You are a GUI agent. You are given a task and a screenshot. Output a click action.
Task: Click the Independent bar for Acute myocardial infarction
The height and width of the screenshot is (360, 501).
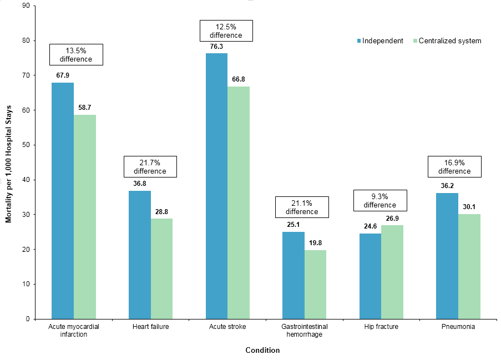coord(62,200)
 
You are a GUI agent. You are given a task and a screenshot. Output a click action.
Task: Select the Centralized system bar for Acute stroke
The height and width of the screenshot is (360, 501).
coord(239,202)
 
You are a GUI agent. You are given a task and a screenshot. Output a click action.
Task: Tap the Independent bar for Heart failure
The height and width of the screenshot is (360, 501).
coord(139,255)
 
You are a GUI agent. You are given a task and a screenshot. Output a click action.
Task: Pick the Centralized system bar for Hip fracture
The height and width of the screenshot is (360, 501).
coord(392,272)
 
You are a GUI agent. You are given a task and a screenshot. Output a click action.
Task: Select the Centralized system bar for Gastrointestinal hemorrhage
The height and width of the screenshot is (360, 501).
coord(315,284)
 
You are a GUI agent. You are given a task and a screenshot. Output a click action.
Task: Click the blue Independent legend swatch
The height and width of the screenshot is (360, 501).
coord(358,41)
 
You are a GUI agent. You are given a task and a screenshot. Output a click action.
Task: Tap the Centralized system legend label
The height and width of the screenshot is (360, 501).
coord(449,41)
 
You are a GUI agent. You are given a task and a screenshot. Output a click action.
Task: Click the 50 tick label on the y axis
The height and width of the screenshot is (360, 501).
coord(26,145)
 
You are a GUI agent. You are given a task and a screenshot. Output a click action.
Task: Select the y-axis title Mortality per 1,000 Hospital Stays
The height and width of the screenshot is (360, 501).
coord(8,163)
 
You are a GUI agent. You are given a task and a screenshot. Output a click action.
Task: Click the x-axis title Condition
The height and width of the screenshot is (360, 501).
coord(262,351)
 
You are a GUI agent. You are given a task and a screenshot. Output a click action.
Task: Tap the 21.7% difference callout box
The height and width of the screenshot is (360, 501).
coord(150,166)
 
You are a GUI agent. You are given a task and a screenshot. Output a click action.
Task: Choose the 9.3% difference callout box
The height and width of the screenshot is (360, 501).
coord(380,200)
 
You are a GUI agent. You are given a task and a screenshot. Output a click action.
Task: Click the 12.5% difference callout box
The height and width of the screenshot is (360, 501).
coord(226,31)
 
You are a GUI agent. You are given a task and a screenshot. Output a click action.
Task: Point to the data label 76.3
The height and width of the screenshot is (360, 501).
coord(216,47)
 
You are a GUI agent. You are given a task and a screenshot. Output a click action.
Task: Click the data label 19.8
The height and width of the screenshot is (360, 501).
coord(315,243)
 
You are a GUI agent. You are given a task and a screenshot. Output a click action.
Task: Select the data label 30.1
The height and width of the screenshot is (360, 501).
coord(469,207)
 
